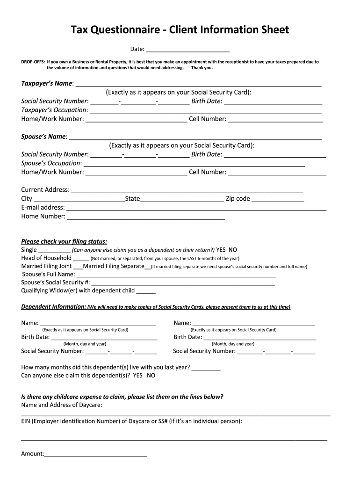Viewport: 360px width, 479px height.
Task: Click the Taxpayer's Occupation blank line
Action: (205, 110)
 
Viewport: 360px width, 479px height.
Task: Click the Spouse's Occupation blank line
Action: (194, 164)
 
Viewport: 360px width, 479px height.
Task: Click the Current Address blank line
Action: (187, 190)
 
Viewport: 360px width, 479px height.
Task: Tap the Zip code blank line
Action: (278, 199)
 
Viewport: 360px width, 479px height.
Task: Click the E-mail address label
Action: (43, 208)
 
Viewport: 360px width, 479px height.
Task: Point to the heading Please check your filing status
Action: (64, 242)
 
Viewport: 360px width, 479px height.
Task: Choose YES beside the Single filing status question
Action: (221, 250)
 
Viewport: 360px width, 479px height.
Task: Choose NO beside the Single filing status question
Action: (233, 250)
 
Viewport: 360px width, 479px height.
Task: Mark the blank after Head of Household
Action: (81, 259)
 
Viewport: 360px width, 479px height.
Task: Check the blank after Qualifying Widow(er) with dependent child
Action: (146, 291)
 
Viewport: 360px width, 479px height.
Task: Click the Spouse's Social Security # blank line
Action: (183, 283)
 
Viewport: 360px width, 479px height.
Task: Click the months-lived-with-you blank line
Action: (206, 368)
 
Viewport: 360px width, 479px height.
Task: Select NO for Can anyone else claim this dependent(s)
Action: (151, 376)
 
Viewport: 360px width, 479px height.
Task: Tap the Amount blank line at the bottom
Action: (96, 454)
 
